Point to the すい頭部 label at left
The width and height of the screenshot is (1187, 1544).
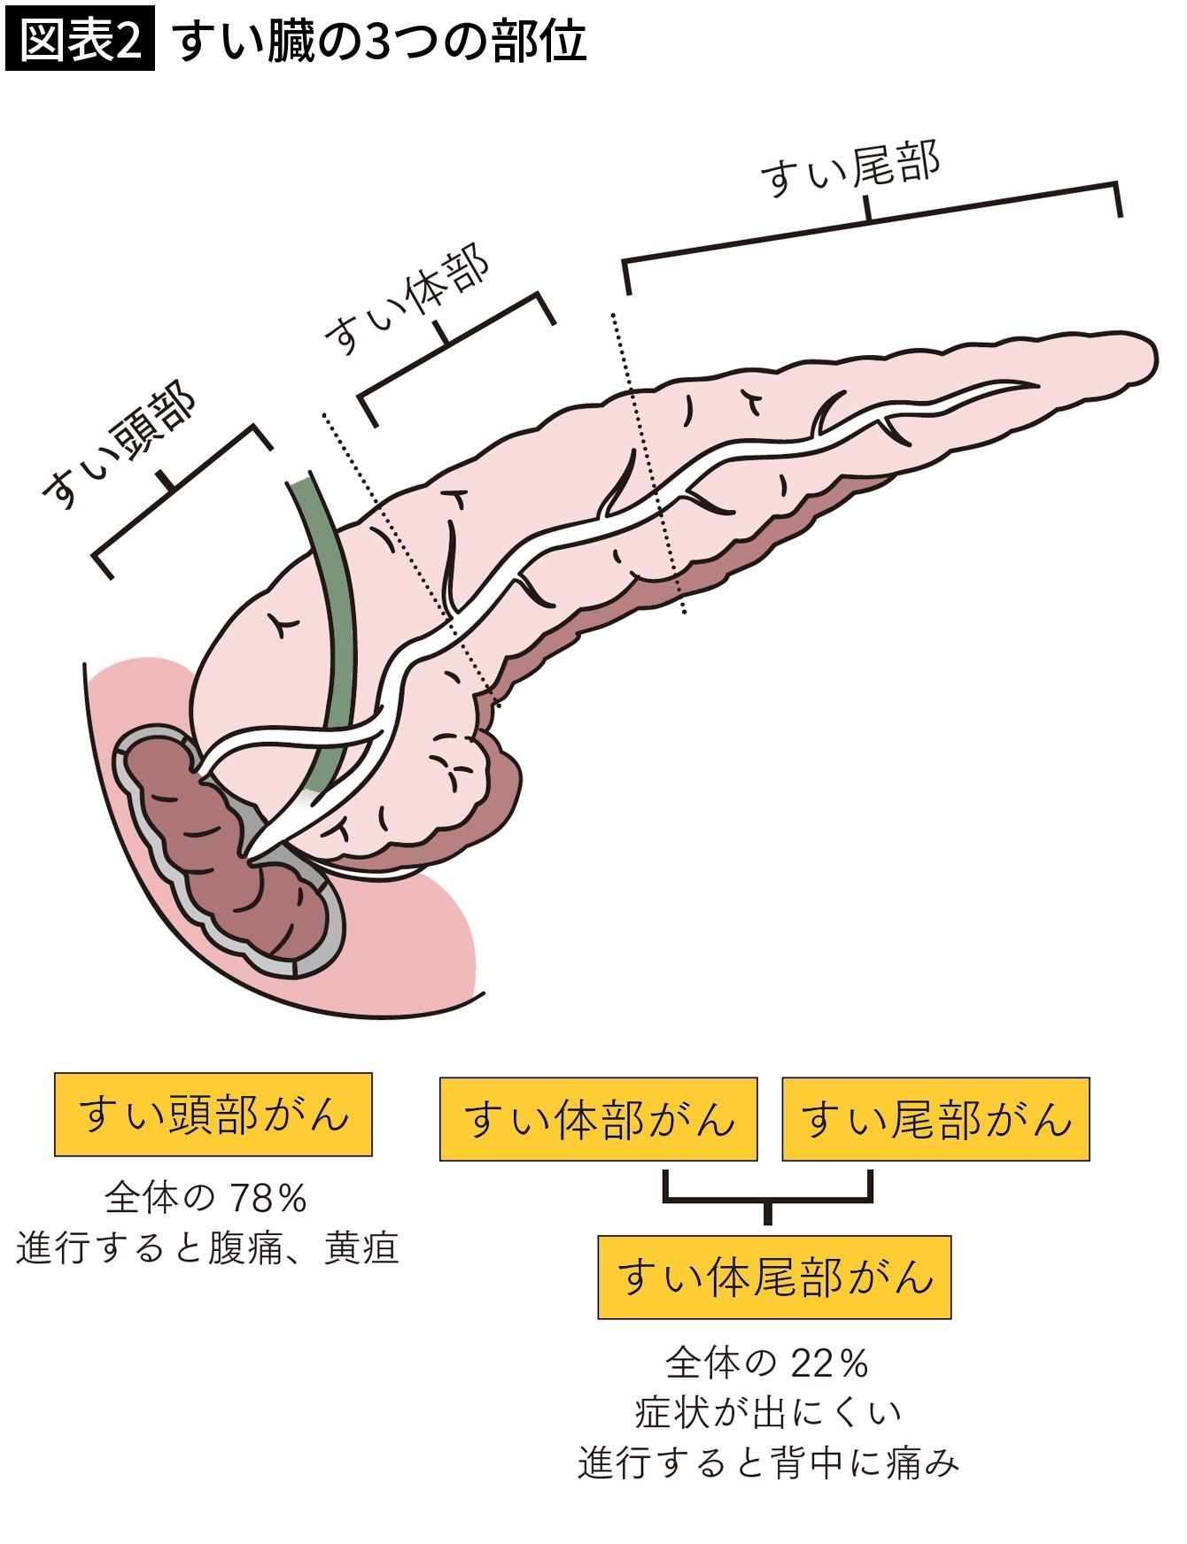(x=120, y=447)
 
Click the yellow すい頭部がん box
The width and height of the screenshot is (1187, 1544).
(x=213, y=1115)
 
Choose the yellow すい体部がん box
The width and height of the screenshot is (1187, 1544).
(x=598, y=1119)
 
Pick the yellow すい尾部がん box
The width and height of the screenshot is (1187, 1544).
(x=935, y=1119)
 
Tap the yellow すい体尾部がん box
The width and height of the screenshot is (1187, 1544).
(x=774, y=1278)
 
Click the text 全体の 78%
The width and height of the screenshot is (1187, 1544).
(x=206, y=1199)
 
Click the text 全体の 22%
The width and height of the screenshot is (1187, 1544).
(x=767, y=1363)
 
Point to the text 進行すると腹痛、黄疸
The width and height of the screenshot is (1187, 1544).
(x=208, y=1247)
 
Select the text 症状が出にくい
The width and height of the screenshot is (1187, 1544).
(x=767, y=1412)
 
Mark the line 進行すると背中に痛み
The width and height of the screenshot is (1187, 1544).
(x=767, y=1463)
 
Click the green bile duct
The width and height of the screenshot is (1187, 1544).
(x=332, y=620)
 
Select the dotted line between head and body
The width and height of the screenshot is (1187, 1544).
(x=407, y=558)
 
